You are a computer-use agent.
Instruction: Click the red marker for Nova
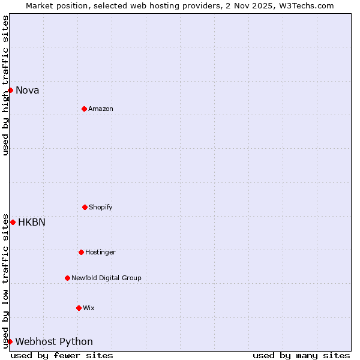coord(10,90)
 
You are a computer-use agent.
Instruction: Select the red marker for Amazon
coord(84,109)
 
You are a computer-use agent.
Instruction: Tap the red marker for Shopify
coord(85,207)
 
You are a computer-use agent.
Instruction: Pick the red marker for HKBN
coord(13,222)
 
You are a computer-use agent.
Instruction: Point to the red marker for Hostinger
coord(81,252)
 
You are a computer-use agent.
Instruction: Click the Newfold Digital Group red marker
coord(67,278)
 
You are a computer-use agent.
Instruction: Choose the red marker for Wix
coord(79,308)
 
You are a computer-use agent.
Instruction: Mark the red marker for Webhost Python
coord(10,341)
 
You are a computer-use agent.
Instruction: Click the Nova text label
coord(28,91)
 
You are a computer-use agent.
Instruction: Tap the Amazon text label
coord(101,109)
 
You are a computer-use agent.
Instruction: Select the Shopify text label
coord(101,208)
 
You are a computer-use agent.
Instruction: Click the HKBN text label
coord(32,223)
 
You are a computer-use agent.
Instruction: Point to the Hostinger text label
coord(100,253)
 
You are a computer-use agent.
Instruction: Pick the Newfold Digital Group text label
coord(106,278)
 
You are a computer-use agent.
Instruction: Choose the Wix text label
coord(89,308)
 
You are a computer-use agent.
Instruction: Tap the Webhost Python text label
coord(54,342)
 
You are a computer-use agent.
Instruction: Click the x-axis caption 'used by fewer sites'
coord(62,355)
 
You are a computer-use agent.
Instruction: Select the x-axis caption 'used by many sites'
coord(301,355)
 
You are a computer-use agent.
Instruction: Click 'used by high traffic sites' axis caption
coord(5,85)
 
